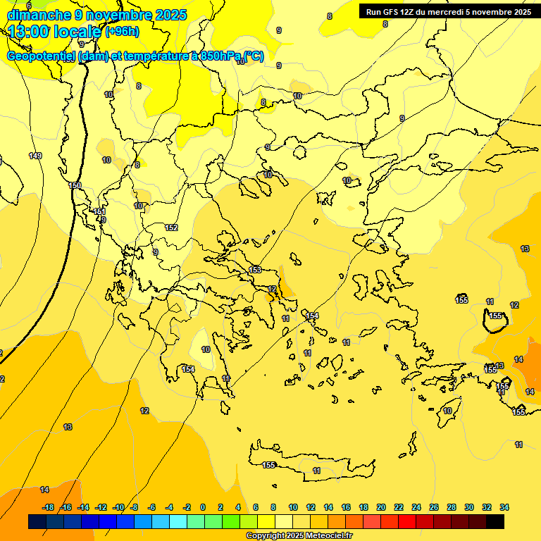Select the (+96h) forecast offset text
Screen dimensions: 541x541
pyautogui.click(x=122, y=32)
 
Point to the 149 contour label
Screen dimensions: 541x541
pyautogui.click(x=35, y=156)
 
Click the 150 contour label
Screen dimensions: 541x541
pyautogui.click(x=75, y=185)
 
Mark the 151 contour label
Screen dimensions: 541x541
pyautogui.click(x=99, y=211)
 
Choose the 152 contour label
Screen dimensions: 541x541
pyautogui.click(x=171, y=228)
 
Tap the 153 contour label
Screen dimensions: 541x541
pyautogui.click(x=255, y=270)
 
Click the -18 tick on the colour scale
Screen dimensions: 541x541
pyautogui.click(x=49, y=507)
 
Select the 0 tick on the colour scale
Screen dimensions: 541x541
pyautogui.click(x=203, y=507)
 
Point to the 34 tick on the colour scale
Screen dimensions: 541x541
pyautogui.click(x=504, y=507)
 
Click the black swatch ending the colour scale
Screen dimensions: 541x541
pyautogui.click(x=495, y=522)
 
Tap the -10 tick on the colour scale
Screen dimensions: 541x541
pyautogui.click(x=118, y=507)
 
